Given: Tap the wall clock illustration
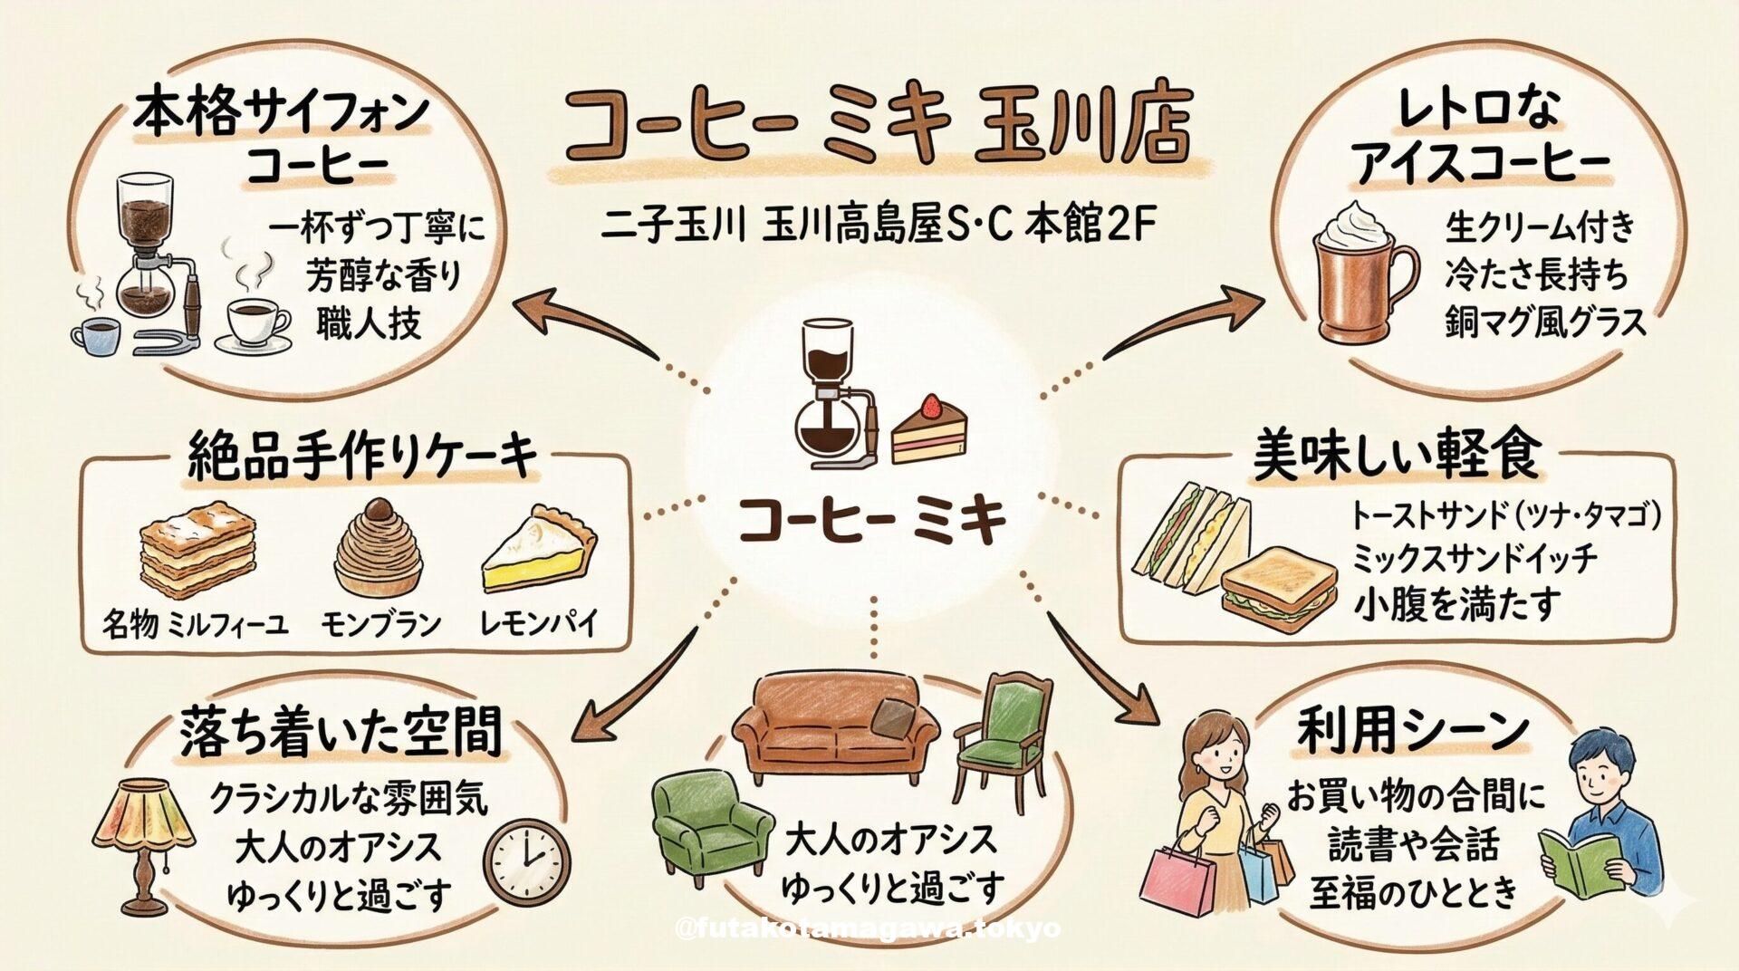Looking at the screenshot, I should point(527,860).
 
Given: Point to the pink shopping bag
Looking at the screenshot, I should point(1181,878).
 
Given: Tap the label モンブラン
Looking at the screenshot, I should point(380,623).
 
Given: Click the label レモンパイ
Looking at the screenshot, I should point(539,623).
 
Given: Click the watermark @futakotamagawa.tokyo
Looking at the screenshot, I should point(868,928).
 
